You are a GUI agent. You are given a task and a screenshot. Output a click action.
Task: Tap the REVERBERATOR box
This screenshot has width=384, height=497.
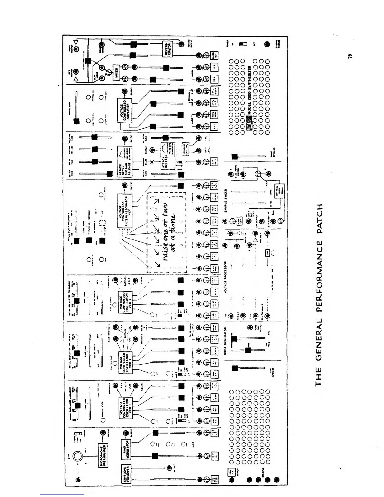pyautogui.click(x=168, y=49)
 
